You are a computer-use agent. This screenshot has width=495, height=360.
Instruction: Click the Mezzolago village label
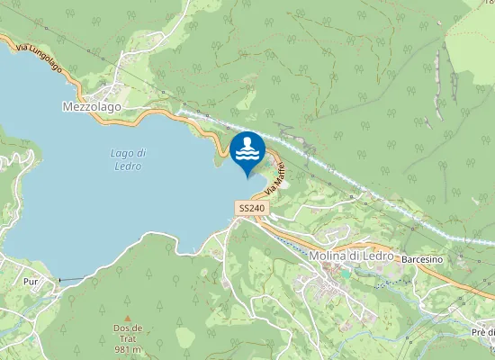pos(92,106)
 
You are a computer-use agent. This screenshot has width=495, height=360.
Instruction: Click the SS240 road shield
pos(252,208)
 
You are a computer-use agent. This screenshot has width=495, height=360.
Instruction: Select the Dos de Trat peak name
pos(128,328)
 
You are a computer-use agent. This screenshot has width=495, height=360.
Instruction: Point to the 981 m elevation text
pos(128,349)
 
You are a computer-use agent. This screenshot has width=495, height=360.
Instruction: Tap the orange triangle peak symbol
pos(128,318)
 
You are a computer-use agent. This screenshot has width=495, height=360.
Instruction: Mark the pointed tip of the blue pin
pos(247,178)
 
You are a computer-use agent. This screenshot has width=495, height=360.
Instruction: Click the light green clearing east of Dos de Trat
pos(184,337)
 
